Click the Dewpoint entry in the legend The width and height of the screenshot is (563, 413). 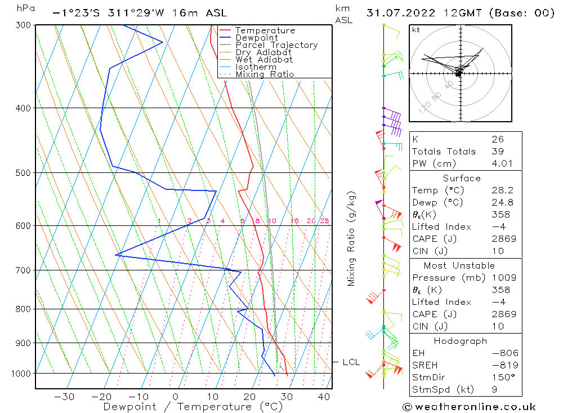(x=257, y=38)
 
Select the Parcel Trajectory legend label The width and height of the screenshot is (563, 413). (x=276, y=45)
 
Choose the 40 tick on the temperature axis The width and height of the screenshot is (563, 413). (x=323, y=397)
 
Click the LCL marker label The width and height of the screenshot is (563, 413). (x=351, y=362)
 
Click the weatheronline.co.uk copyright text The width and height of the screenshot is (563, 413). (x=469, y=407)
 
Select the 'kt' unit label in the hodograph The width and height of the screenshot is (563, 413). (x=416, y=30)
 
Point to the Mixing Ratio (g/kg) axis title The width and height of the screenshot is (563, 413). (x=352, y=238)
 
